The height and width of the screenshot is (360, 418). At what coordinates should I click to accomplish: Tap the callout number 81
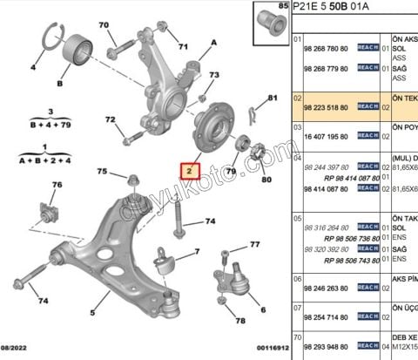[x=272, y=98]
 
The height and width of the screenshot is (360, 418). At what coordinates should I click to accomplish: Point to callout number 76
[x=57, y=185]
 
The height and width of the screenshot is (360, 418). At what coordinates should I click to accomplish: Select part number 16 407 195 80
[x=324, y=136]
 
